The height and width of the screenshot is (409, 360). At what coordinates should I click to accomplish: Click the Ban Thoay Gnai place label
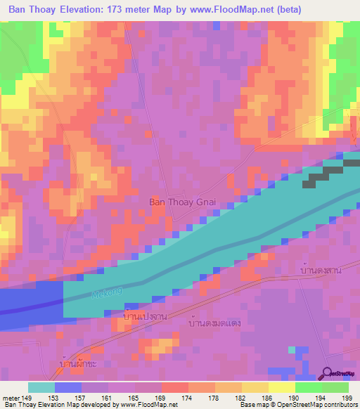(x=181, y=202)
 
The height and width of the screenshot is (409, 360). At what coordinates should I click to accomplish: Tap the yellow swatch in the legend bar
(x=281, y=387)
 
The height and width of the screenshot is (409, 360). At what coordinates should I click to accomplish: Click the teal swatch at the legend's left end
(x=41, y=387)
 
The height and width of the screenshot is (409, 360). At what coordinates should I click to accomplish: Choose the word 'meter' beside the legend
(x=11, y=398)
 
